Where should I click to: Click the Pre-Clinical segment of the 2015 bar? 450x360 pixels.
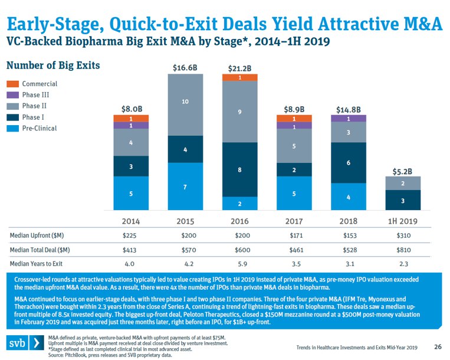tap(185, 186)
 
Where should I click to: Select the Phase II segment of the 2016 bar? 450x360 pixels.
tap(239, 112)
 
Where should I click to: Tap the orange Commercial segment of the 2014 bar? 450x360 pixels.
tap(130, 118)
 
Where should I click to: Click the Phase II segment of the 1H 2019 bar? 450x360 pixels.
tap(403, 183)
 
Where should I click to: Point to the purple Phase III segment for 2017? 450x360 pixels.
tap(294, 126)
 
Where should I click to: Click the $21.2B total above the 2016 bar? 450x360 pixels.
tap(239, 68)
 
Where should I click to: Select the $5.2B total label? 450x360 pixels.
tap(403, 171)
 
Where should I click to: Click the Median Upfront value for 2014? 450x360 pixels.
tap(130, 235)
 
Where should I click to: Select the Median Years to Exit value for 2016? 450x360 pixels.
tap(239, 264)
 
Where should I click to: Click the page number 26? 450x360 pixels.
tap(438, 346)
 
